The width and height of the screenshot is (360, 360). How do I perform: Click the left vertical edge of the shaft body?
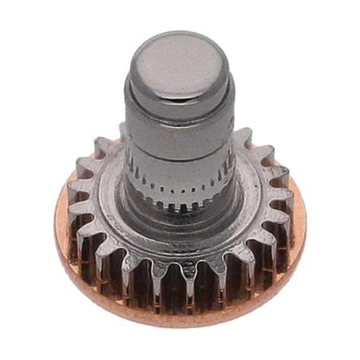tap(128, 138)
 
